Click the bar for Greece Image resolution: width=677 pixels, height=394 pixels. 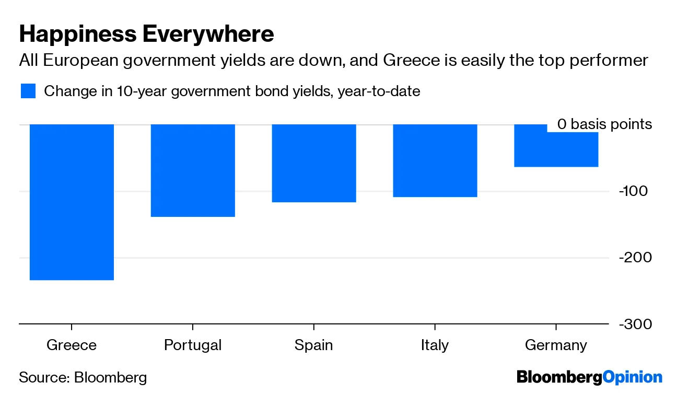[72, 202]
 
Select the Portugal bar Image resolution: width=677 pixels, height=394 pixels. [193, 170]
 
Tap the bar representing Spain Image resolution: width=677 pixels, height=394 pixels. [313, 163]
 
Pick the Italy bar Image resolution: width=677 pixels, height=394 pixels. [435, 160]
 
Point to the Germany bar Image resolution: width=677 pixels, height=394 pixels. [556, 149]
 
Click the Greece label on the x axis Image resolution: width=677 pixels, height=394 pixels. [72, 345]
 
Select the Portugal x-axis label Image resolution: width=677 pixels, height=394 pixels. [193, 345]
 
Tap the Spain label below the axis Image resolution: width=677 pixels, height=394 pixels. [313, 345]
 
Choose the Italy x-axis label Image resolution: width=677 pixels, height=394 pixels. [435, 345]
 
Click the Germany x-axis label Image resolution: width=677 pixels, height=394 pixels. [556, 345]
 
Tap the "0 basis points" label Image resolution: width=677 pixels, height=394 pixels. [604, 124]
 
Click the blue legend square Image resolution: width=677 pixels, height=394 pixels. [28, 91]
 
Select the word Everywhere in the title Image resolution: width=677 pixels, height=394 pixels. [208, 34]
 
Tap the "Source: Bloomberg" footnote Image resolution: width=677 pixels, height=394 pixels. [83, 377]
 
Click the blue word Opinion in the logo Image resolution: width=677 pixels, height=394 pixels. [632, 377]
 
